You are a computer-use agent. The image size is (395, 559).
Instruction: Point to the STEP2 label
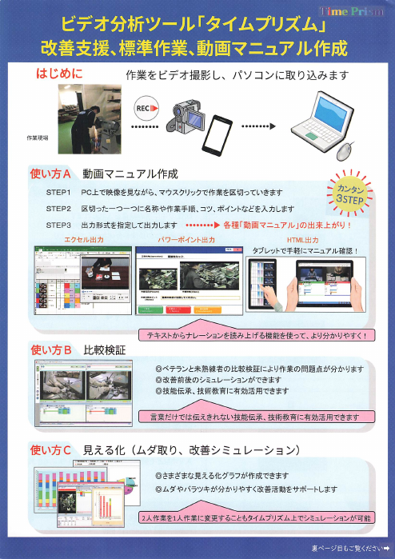tap(58, 209)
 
